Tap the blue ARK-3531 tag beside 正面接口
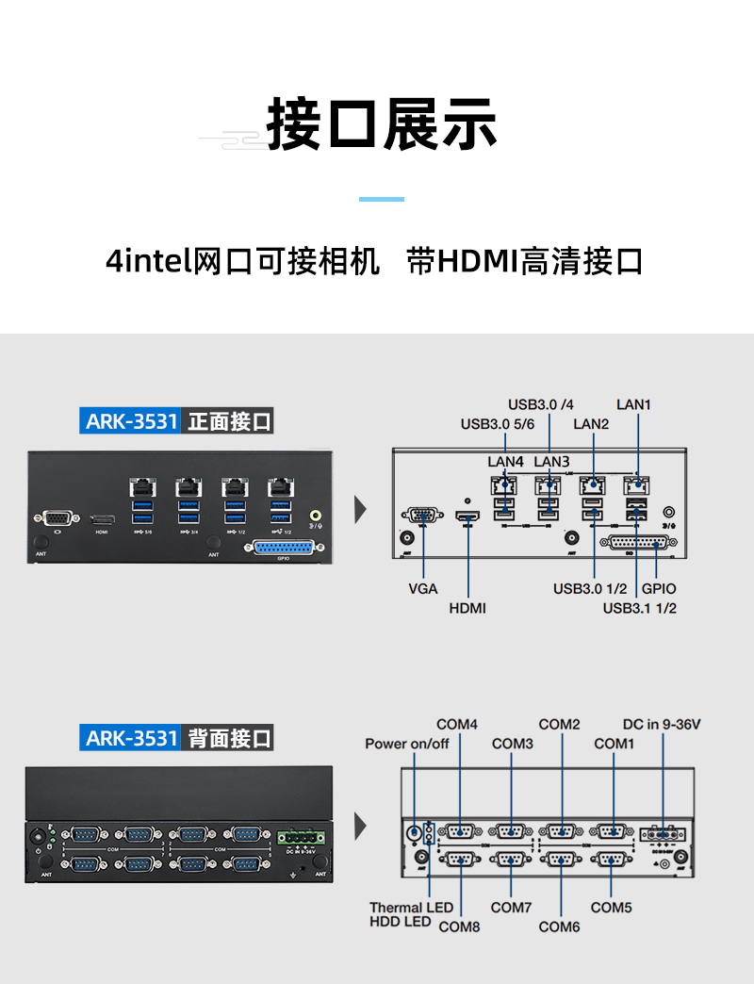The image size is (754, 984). point(131,421)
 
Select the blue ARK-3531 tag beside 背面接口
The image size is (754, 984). point(131,737)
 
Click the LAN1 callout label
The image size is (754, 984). point(634,404)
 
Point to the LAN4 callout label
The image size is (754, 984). point(505,462)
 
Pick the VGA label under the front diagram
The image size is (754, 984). point(423,589)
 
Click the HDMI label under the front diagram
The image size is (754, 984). point(467,608)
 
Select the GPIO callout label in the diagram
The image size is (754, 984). point(659,589)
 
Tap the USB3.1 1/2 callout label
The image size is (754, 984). point(640,608)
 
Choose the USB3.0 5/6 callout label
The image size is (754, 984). point(498,424)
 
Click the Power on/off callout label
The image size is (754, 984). point(407,744)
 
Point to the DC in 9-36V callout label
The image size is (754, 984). point(662,725)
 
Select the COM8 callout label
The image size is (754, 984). point(459,927)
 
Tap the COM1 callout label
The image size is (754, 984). point(614,744)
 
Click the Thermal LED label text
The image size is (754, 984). point(411,908)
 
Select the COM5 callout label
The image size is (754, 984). point(611,908)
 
